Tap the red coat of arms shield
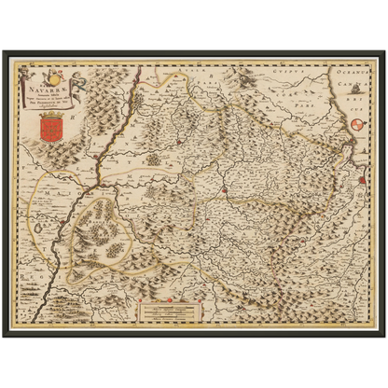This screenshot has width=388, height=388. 52,121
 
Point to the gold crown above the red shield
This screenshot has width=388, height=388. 52,105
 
